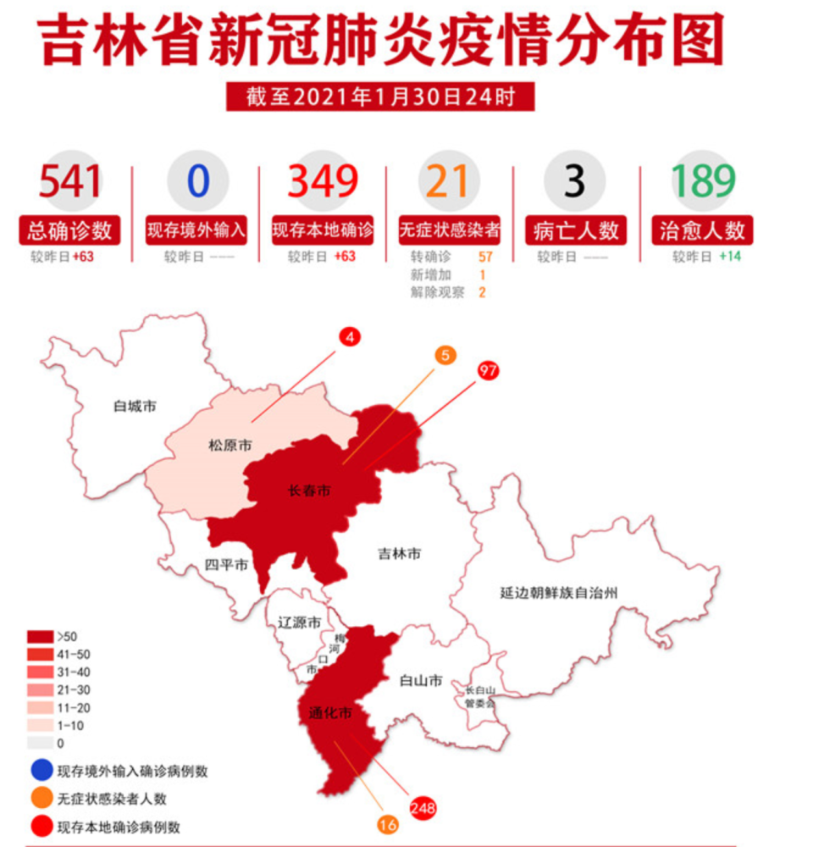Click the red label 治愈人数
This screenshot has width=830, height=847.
click(x=702, y=230)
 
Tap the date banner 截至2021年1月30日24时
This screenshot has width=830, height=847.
click(x=380, y=97)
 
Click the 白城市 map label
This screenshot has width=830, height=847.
click(x=135, y=407)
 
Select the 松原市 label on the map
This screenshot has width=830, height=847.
click(x=230, y=445)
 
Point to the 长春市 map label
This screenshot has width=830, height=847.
click(x=309, y=490)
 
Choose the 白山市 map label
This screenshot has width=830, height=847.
click(x=420, y=680)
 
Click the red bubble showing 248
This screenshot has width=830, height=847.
click(x=422, y=808)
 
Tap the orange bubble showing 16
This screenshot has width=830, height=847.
click(x=388, y=824)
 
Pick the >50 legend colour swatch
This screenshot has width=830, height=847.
click(x=40, y=636)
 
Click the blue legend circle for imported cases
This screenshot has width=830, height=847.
click(x=40, y=771)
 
